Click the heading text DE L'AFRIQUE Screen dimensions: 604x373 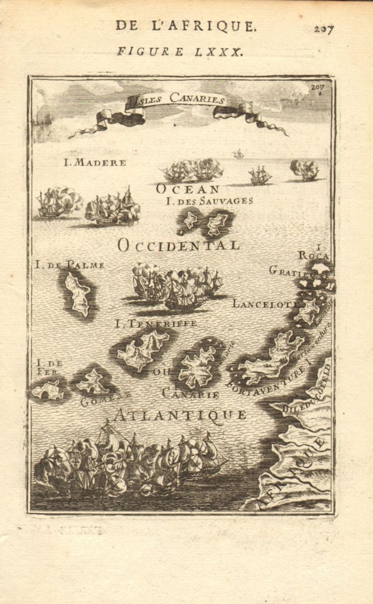[186, 25]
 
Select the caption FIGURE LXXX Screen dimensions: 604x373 [180, 51]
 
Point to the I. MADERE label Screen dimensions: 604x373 [95, 162]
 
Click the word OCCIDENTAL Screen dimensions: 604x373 [179, 245]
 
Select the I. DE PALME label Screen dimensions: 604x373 [70, 265]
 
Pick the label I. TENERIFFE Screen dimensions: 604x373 [156, 323]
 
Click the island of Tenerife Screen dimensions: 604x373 [143, 350]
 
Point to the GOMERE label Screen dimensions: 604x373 [97, 402]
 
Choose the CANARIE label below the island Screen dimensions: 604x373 [190, 393]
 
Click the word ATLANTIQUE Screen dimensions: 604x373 [180, 415]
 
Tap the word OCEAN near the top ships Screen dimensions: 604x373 [187, 189]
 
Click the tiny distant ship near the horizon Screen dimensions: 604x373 [238, 154]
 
